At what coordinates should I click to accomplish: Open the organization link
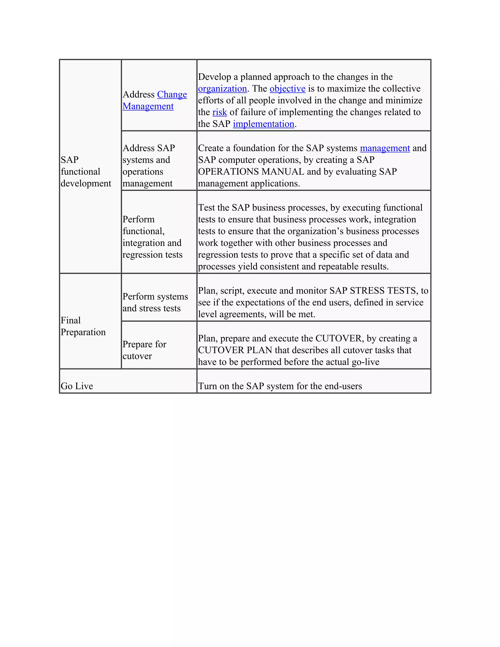point(222,89)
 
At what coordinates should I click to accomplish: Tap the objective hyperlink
point(287,89)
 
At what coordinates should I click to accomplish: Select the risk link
point(219,112)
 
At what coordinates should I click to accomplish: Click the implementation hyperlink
point(263,124)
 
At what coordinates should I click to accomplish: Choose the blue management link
point(385,148)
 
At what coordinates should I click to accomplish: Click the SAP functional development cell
point(86,172)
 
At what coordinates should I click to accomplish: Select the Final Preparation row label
point(83,326)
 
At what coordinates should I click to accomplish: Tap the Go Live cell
point(77,386)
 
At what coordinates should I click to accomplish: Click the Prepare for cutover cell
point(144,350)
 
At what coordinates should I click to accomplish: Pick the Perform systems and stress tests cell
point(155,302)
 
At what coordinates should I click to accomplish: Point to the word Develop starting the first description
point(214,77)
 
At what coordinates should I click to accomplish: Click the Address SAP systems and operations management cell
point(149,166)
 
